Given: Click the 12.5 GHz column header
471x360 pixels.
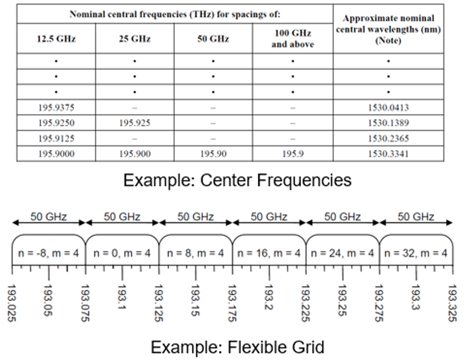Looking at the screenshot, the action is click(x=56, y=39).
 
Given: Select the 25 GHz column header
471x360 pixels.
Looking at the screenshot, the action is click(x=134, y=39).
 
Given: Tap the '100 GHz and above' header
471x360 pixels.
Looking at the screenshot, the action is click(x=292, y=38).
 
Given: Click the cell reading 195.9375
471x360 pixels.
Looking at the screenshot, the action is click(x=56, y=107).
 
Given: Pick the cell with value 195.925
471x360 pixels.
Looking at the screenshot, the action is click(x=134, y=123).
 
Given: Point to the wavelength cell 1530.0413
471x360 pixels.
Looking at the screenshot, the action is click(x=388, y=107).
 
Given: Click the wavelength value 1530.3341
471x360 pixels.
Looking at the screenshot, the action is click(x=388, y=154).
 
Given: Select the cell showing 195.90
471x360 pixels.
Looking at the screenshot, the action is click(x=213, y=154).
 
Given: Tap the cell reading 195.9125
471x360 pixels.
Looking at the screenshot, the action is click(x=56, y=139).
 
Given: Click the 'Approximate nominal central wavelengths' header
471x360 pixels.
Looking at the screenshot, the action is click(x=388, y=29).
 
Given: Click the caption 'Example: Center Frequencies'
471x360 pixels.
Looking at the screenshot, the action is click(x=237, y=180).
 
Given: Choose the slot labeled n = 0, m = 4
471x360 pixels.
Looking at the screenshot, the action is click(x=122, y=253).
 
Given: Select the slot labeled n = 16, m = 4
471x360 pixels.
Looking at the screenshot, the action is click(x=269, y=253).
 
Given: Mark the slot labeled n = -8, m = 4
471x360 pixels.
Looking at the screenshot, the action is click(x=49, y=253).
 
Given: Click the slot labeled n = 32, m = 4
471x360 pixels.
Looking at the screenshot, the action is click(x=416, y=253).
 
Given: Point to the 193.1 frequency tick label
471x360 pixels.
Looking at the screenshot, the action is click(x=122, y=297).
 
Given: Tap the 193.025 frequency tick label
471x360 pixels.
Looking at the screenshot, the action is click(x=12, y=303).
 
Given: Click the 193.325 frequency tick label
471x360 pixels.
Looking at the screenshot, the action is click(x=452, y=303).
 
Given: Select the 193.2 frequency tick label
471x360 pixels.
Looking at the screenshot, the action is click(x=269, y=297).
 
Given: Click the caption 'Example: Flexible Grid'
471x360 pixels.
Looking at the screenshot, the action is click(x=237, y=347).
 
